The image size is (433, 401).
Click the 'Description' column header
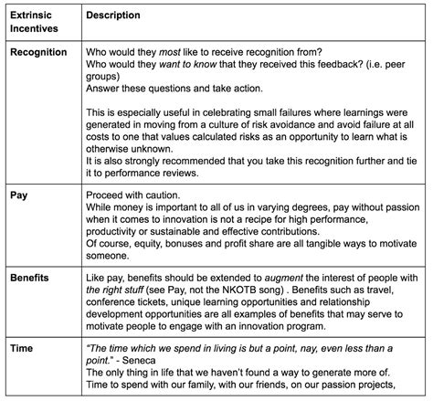pos(113,16)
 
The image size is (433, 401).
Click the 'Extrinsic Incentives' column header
pos(33,23)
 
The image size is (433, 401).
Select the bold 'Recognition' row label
pos(38,52)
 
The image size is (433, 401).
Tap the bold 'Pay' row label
pos(18,196)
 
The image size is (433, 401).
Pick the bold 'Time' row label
pos(21,350)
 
